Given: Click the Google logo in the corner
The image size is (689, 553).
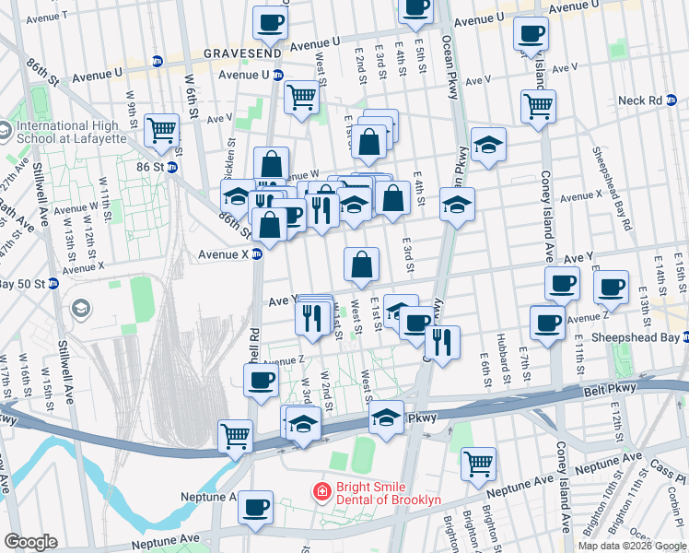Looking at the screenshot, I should (x=30, y=542).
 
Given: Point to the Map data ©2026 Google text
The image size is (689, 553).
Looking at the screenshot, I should (x=632, y=546).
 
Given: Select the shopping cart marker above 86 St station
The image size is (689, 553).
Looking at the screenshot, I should (x=162, y=131).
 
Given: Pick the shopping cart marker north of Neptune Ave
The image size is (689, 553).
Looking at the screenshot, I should (x=478, y=464).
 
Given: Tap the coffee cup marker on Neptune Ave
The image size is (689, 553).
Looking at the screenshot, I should (x=255, y=506).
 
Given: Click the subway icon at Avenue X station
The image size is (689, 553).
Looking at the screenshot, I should (x=260, y=255).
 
